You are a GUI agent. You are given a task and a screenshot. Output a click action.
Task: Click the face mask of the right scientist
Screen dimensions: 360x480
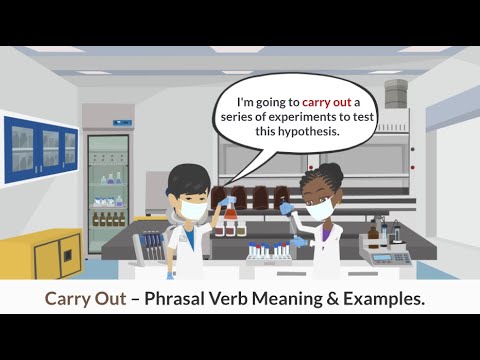319,208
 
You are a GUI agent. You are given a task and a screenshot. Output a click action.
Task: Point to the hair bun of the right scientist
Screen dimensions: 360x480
331,171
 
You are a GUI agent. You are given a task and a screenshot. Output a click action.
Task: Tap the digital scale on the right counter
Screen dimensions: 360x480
394,254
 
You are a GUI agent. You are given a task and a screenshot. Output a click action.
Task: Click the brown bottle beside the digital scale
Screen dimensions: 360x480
372,236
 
